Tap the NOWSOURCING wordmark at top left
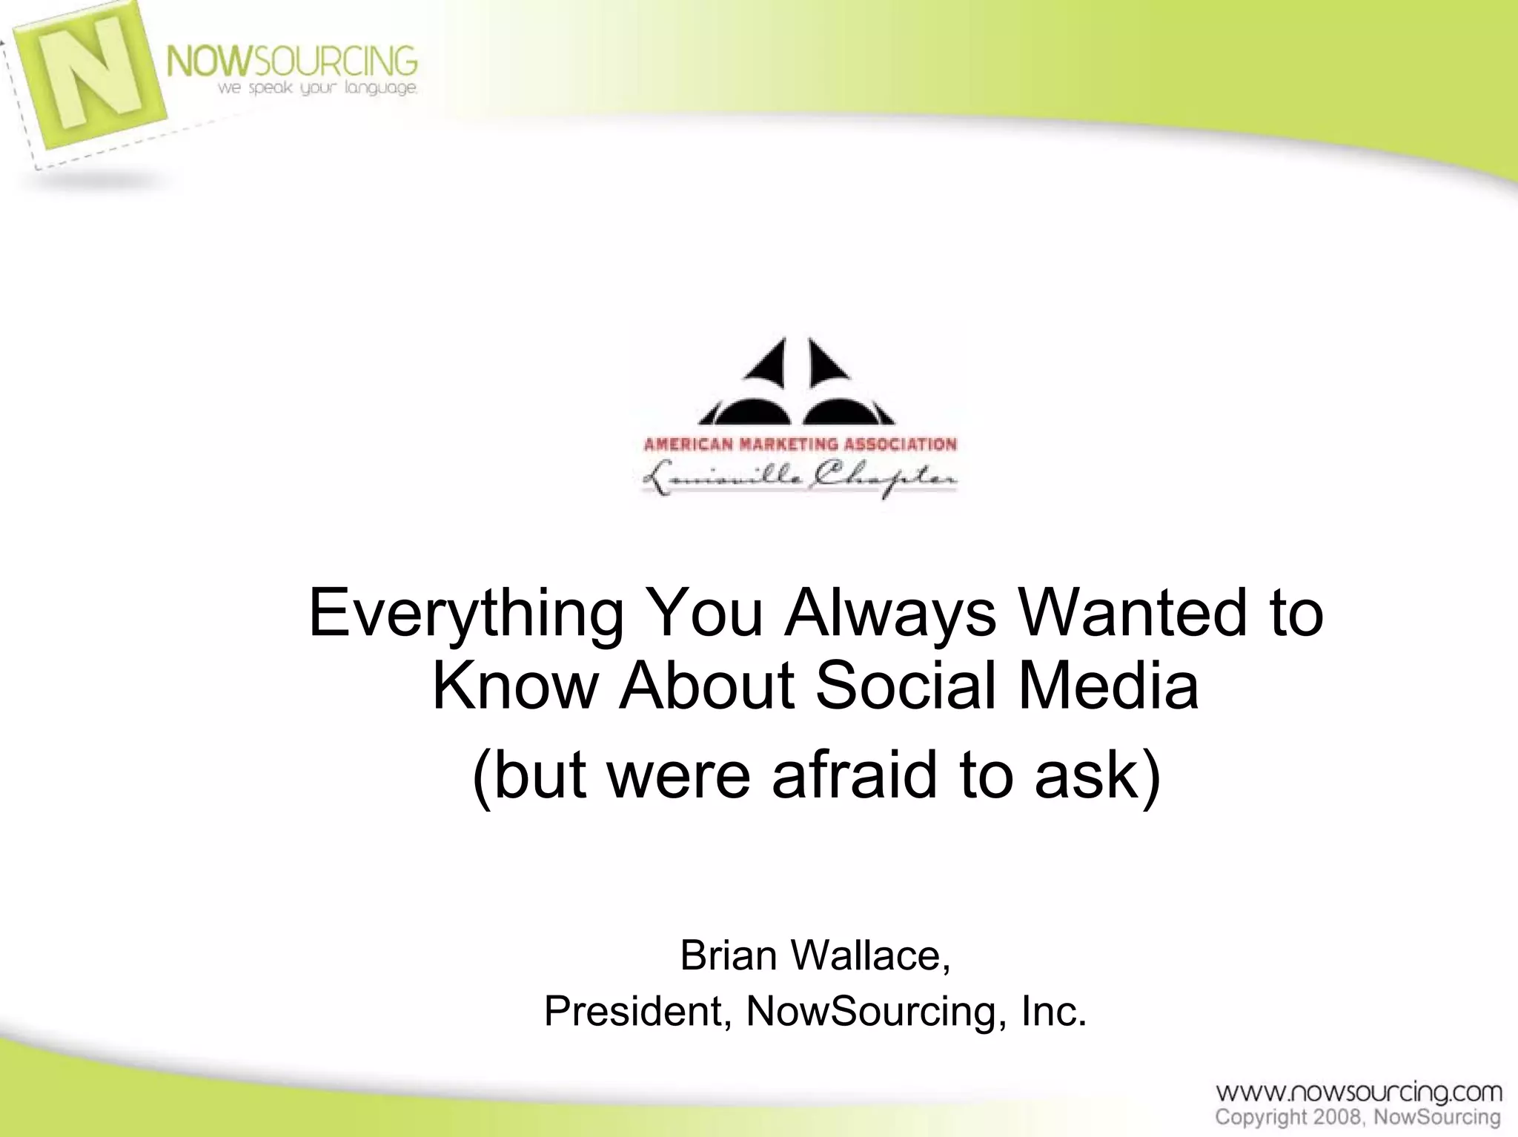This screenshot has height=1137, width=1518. coord(291,61)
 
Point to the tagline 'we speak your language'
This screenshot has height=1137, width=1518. coord(316,89)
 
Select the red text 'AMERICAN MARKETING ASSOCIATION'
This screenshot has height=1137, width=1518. coord(800,445)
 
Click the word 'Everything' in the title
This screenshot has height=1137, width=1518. coord(465,614)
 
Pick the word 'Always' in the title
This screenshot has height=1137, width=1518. coord(890,614)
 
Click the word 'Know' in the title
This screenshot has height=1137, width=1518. coord(515,686)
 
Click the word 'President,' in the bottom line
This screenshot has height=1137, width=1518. coord(638,1012)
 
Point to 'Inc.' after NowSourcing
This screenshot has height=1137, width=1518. coord(1053,1012)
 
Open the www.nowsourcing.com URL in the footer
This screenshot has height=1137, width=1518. coord(1359,1092)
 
